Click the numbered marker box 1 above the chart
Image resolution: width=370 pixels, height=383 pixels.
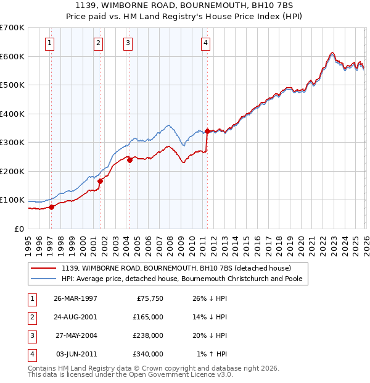49,43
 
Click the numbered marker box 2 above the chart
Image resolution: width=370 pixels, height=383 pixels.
98,43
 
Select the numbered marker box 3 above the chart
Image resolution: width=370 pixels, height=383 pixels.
128,43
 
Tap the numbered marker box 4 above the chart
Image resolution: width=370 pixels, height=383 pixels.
205,43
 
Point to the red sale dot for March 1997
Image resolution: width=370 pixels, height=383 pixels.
52,207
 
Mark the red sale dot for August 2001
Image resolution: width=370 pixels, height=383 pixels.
100,181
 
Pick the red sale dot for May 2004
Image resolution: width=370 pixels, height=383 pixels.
129,160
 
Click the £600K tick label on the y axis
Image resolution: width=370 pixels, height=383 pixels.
12,56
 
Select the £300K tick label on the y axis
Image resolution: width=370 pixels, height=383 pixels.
12,143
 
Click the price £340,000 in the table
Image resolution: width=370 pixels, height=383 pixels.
148,354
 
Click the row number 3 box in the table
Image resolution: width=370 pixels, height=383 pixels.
31,335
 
